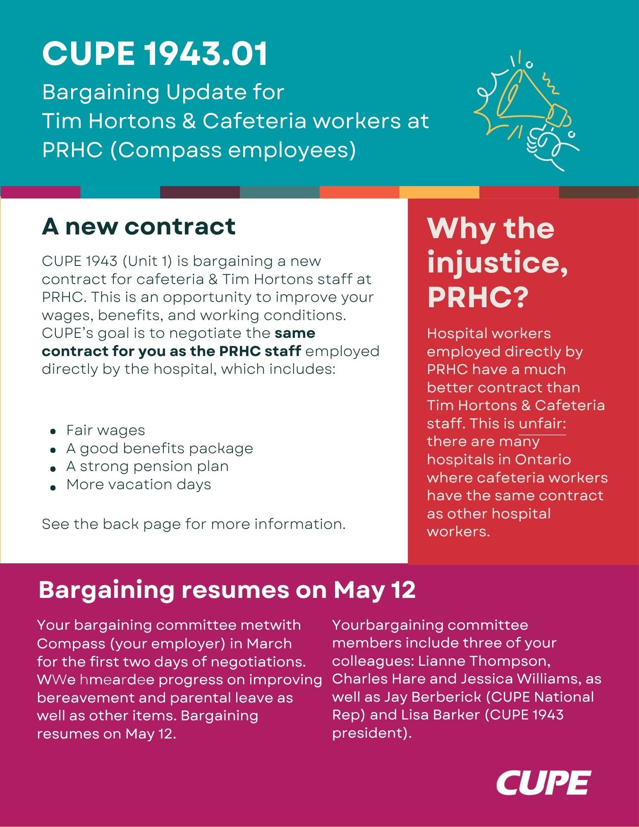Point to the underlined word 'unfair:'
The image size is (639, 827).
tap(542, 424)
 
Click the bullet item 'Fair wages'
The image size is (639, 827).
tap(105, 430)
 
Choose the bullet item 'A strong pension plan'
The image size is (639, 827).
tap(147, 466)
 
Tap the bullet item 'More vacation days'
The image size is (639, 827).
tap(139, 485)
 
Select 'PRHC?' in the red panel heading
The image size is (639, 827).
tap(478, 297)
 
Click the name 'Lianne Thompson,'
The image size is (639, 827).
tap(484, 661)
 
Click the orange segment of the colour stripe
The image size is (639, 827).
tap(359, 192)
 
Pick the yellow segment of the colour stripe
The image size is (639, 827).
tap(439, 192)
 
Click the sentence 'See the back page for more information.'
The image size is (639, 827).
tap(194, 524)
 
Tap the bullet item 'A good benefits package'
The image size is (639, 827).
tap(160, 449)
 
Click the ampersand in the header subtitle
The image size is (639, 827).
tap(189, 121)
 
